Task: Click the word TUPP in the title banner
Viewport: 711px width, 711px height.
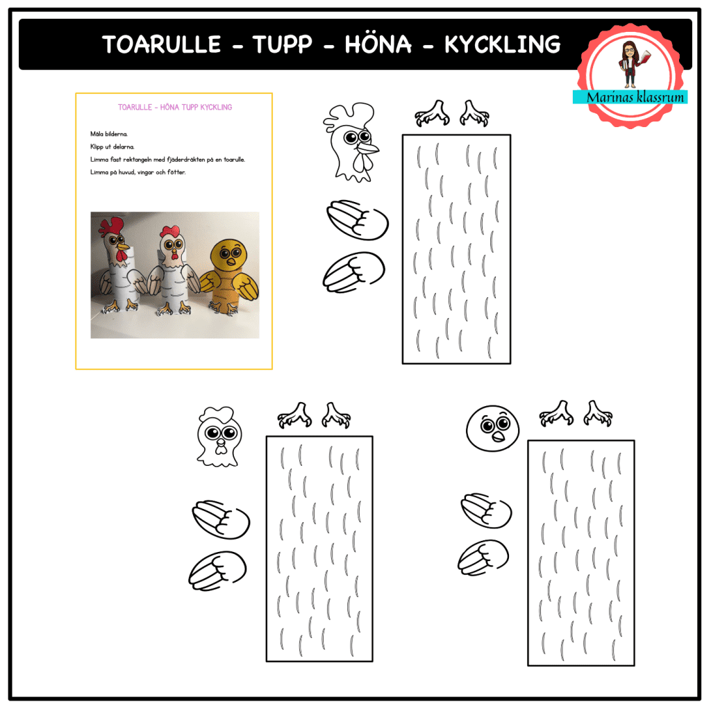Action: pos(283,44)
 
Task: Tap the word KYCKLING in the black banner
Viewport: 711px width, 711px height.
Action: pos(502,44)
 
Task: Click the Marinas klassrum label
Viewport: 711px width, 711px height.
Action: pos(630,97)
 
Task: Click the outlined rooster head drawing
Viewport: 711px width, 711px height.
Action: pos(349,142)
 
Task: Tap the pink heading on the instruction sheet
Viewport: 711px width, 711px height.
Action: pos(175,108)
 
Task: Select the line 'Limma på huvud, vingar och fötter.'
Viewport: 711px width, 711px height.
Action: pos(138,172)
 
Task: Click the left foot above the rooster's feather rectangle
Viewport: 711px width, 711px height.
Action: pos(430,112)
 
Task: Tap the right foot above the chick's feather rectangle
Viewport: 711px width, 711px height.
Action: pos(598,413)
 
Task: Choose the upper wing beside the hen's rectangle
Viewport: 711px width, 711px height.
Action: pos(221,518)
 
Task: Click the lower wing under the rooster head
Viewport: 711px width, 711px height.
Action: pos(354,271)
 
